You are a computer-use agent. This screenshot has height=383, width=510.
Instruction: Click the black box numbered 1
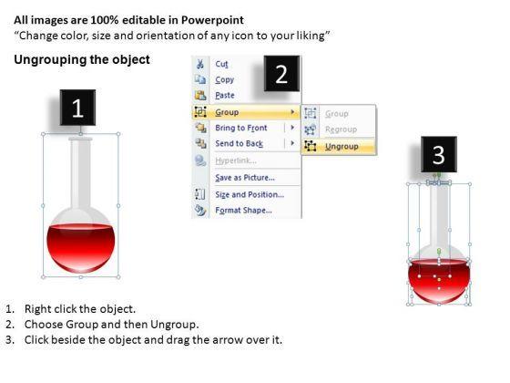coord(77,108)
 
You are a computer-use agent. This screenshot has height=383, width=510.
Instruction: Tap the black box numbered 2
coord(281,73)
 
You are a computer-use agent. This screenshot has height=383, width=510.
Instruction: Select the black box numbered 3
coord(439,154)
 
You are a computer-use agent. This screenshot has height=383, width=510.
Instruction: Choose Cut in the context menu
coord(221,64)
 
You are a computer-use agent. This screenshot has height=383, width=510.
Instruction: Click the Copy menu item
coord(224,80)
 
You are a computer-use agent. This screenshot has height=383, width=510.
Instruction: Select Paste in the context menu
coord(225,96)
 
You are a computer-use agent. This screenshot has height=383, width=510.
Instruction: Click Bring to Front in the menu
coord(241,128)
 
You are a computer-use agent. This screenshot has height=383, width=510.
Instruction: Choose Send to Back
coord(239,143)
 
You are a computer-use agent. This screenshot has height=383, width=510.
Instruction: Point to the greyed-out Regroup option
coord(341,129)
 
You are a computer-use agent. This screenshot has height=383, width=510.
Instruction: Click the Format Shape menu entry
coord(243,211)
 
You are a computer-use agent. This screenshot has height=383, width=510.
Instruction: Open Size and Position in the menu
coord(250,195)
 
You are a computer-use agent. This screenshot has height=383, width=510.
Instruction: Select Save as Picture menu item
coord(245,178)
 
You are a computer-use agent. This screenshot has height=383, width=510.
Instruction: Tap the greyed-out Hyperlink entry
coord(236,160)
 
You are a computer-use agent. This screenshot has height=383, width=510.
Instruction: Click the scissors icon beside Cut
coord(200,64)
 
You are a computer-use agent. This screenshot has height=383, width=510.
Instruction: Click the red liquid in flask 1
coord(81,247)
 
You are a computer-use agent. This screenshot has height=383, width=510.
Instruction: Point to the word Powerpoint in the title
coord(212,20)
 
